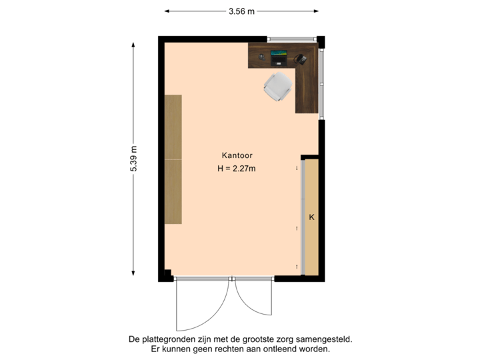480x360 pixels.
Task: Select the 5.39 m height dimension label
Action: (133, 159)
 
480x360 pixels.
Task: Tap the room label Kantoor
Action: (237, 155)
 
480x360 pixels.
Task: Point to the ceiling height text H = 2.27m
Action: (237, 169)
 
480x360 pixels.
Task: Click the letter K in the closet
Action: (311, 217)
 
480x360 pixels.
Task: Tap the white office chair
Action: (277, 87)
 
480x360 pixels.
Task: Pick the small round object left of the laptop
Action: (260, 58)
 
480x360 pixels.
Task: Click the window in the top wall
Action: (293, 39)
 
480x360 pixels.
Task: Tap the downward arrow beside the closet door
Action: (297, 169)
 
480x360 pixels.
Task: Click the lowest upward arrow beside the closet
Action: (297, 267)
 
